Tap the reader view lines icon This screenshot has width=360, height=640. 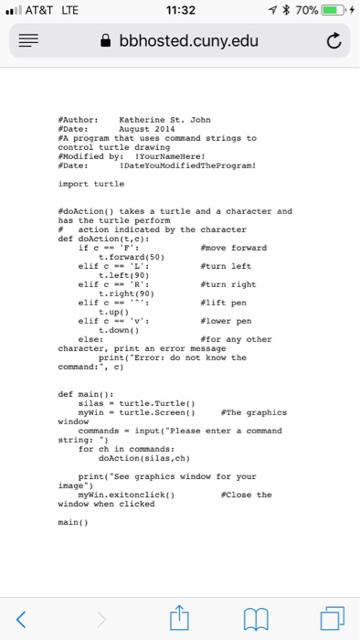click(x=26, y=42)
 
